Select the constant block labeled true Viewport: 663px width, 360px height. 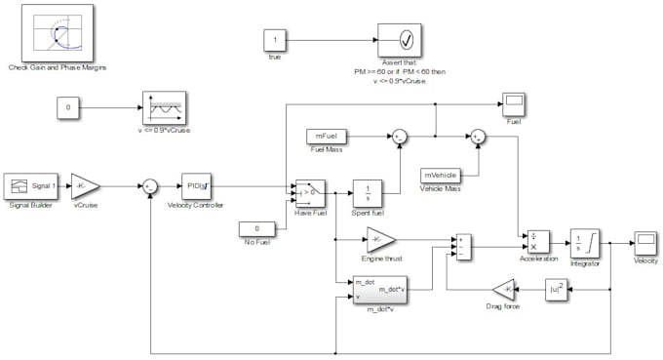click(x=275, y=41)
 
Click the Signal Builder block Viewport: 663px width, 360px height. click(x=31, y=184)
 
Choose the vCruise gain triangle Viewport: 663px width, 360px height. click(x=86, y=184)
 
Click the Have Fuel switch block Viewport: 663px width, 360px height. click(x=309, y=191)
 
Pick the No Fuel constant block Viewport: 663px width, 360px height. click(x=256, y=228)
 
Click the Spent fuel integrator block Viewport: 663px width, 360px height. click(x=367, y=191)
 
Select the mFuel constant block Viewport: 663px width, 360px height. click(x=326, y=136)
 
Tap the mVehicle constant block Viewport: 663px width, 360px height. click(x=441, y=176)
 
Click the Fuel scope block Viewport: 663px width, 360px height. click(x=514, y=103)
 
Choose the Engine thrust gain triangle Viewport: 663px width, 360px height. click(x=380, y=238)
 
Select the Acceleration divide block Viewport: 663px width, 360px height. click(x=539, y=242)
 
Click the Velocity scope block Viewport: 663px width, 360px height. click(x=645, y=243)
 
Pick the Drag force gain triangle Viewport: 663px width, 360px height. click(x=503, y=290)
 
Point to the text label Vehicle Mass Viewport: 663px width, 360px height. click(x=441, y=189)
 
